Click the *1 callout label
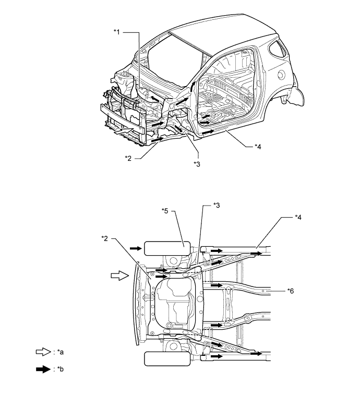117,32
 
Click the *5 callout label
165,212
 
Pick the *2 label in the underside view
105,238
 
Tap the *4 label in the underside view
298,217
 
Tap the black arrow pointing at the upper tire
135,247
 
